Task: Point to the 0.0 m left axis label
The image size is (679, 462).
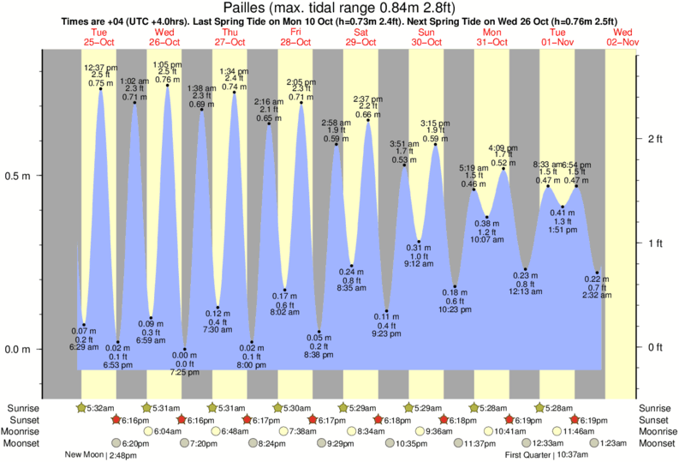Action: tap(19, 350)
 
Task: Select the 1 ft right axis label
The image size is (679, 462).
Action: tap(657, 243)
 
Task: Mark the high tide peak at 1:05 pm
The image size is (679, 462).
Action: tap(167, 86)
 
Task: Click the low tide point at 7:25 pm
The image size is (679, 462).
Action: tap(184, 349)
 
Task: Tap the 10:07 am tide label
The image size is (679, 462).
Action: tap(486, 240)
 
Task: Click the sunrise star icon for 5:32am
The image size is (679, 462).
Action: tap(81, 407)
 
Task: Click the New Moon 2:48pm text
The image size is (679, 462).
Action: tap(100, 455)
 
